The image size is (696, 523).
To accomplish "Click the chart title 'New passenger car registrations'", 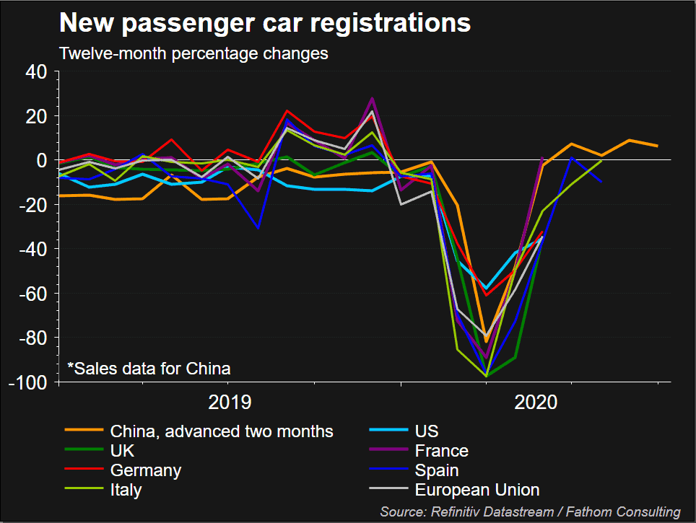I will click(264, 24).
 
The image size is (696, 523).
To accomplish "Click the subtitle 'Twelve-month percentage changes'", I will click(193, 54).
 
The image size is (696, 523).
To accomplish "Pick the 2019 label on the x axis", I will click(230, 402).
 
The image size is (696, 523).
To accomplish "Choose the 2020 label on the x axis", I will click(536, 402).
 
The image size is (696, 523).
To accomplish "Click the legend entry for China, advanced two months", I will click(222, 431).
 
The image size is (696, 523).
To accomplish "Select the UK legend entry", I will click(122, 451).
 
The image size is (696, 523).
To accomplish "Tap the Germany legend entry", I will click(146, 470).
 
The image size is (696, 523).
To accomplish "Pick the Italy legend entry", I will click(126, 490).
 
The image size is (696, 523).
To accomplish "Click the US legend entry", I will click(427, 431).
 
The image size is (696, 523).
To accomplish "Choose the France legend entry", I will click(441, 451).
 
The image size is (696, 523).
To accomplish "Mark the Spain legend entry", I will click(437, 470).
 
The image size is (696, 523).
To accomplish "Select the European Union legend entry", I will click(477, 490).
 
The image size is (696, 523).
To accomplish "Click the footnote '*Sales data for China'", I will click(149, 369).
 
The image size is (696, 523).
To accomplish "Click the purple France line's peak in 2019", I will click(373, 98).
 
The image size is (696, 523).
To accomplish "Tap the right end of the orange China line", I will click(657, 146).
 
